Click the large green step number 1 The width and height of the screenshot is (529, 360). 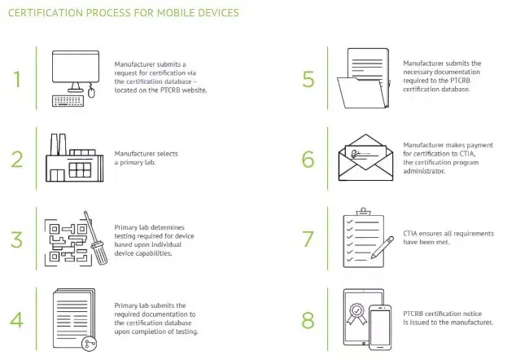pyautogui.click(x=17, y=79)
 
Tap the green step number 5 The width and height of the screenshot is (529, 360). pyautogui.click(x=308, y=79)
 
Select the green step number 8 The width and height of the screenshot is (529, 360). pyautogui.click(x=308, y=320)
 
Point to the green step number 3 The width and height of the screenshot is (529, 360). pyautogui.click(x=16, y=239)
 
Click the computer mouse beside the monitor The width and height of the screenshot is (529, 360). pyautogui.click(x=91, y=91)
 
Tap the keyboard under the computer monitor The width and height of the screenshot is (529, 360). pyautogui.click(x=68, y=101)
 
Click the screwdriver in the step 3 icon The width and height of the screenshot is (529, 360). pyautogui.click(x=96, y=238)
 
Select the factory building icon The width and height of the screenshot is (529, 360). pyautogui.click(x=75, y=158)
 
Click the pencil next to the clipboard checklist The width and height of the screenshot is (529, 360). pyautogui.click(x=383, y=248)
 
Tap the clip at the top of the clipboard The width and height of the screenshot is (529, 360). pyautogui.click(x=363, y=212)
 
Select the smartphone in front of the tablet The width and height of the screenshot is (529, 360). pyautogui.click(x=380, y=327)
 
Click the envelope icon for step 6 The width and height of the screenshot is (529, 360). pyautogui.click(x=365, y=158)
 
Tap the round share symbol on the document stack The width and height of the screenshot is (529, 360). pyautogui.click(x=90, y=344)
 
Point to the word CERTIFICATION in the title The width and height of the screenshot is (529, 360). pyautogui.click(x=46, y=13)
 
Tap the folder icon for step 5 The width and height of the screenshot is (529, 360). pyautogui.click(x=364, y=79)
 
